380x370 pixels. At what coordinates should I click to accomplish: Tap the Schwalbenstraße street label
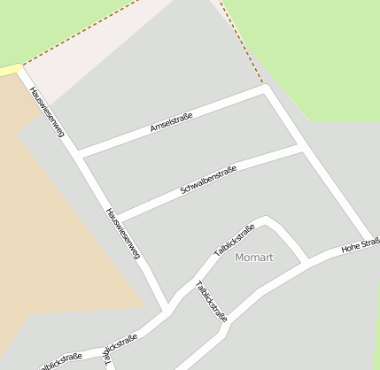(208, 180)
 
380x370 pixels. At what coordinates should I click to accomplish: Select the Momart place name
(254, 258)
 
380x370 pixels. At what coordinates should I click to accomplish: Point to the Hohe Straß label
(361, 245)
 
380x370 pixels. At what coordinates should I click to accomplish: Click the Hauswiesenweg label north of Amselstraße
(47, 112)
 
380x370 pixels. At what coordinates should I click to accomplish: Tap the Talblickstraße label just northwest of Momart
(235, 240)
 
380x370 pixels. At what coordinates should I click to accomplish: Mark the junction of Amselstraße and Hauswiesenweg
(80, 153)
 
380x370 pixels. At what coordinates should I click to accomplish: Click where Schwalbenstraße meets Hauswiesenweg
(117, 217)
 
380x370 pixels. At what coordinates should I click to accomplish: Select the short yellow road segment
(10, 69)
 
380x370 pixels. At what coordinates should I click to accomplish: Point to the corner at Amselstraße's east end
(264, 88)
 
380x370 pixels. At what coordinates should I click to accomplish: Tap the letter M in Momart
(240, 258)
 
